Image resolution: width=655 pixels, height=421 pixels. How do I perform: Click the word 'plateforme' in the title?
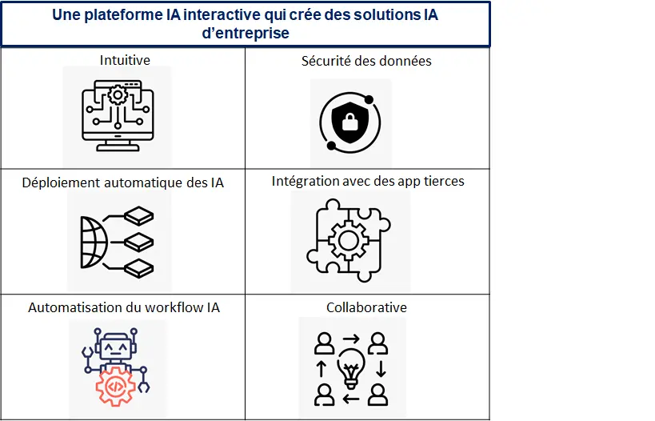pos(124,15)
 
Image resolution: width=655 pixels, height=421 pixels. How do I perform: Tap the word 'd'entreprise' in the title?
pos(246,33)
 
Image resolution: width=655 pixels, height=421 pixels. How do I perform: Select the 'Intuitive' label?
pos(125,60)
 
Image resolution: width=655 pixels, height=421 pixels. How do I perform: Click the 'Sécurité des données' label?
pos(366,61)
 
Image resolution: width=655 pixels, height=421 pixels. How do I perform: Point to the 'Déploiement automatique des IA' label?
pos(123,182)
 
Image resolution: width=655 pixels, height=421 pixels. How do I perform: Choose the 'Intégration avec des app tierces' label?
pos(368,181)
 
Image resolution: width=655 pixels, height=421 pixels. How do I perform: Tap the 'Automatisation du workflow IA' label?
pos(124,307)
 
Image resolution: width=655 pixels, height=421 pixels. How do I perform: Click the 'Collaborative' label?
pos(366,307)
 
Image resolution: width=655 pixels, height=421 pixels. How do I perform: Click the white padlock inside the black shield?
pos(350,122)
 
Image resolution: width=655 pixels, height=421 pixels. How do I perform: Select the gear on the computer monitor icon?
pos(118,95)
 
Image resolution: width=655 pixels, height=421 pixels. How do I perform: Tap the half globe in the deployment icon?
pos(93,242)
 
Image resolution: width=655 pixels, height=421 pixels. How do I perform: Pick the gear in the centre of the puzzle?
pos(348,240)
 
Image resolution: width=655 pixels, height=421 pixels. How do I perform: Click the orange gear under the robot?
pos(115,387)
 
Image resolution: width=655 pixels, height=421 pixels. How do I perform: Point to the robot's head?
pos(116,347)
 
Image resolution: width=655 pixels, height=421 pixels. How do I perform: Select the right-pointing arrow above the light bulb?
pos(351,339)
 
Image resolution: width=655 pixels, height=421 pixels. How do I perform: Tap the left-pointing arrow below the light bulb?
pos(351,399)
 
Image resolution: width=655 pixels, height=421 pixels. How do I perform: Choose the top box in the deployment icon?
pos(139,216)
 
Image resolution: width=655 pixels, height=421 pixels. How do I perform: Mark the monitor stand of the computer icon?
pos(118,146)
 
